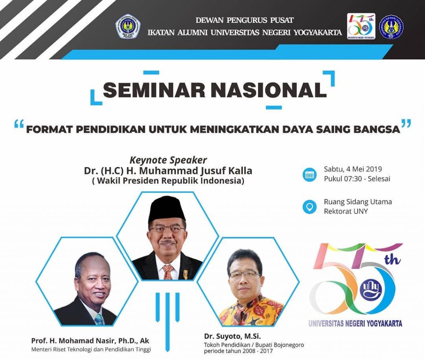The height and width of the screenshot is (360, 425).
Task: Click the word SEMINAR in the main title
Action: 154,90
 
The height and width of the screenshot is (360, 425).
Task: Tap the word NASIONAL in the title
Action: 269,90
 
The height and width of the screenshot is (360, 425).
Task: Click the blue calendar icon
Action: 310,175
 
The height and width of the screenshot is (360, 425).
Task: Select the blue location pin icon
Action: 310,207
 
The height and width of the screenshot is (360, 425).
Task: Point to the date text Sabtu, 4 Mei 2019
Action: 353,169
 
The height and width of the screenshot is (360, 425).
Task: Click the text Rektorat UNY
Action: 346,211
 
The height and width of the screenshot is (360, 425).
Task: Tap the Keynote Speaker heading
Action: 169,160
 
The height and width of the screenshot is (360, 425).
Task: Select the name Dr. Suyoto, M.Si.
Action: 232,336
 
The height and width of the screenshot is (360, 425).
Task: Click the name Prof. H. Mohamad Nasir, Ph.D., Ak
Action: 90,341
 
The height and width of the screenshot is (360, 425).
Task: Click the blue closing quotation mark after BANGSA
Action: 406,123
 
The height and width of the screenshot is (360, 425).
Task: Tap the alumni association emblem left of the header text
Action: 128,26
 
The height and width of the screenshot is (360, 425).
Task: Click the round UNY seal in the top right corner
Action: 391,27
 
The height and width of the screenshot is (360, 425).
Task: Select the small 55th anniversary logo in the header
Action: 361,26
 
